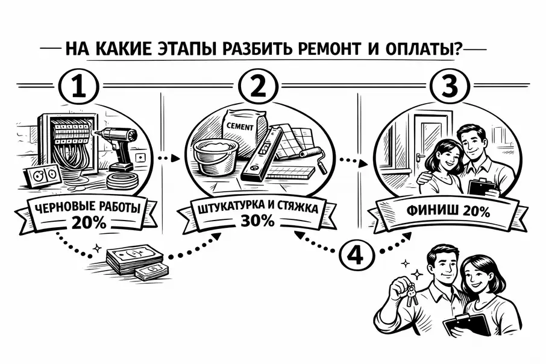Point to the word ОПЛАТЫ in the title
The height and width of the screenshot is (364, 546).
coord(418,48)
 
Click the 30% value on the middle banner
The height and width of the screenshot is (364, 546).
coord(259,221)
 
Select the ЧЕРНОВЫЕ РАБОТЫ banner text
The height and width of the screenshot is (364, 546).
coord(89,209)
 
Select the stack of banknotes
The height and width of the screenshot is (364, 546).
coord(136,263)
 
